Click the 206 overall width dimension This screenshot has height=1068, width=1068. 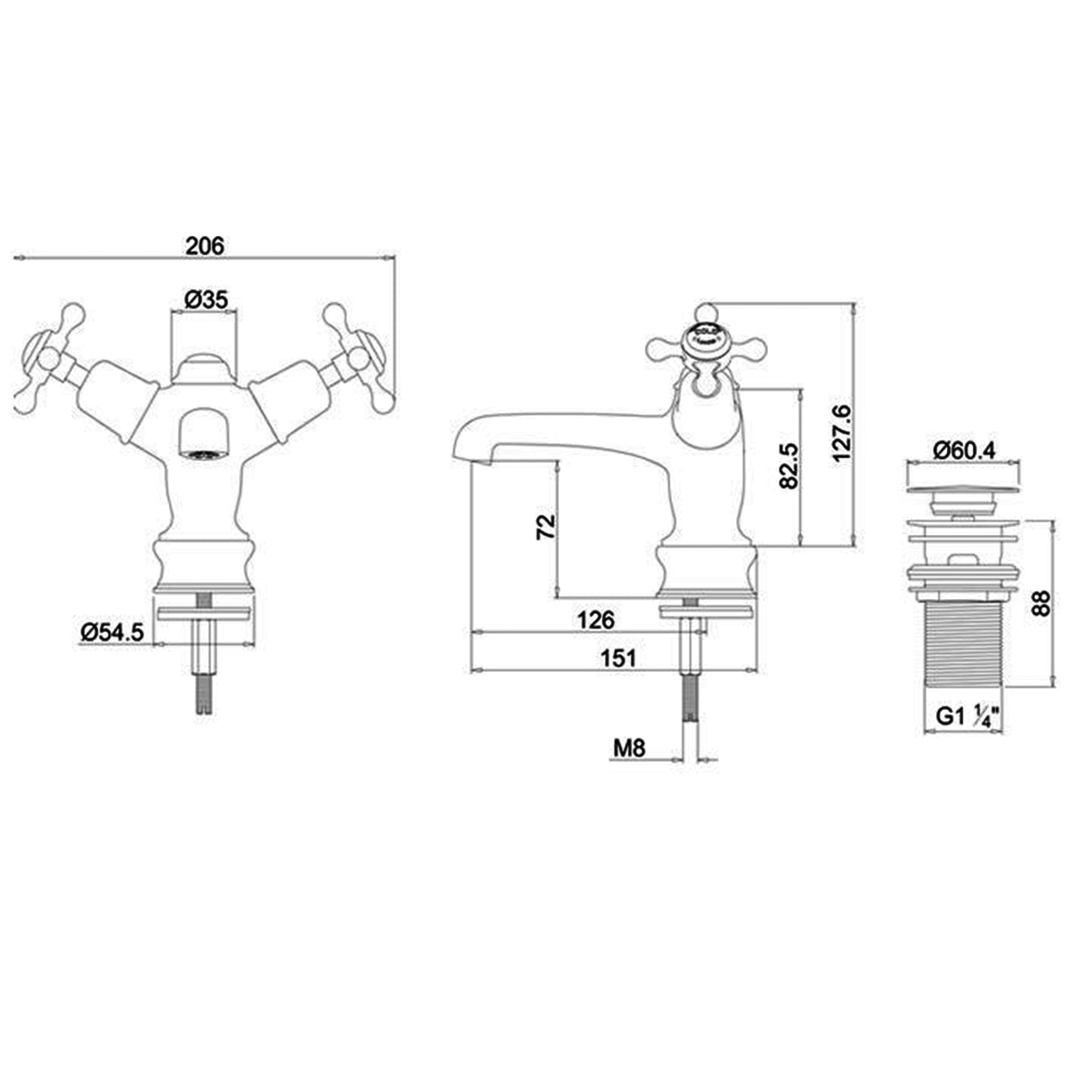coord(204,247)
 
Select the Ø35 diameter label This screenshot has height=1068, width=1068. coord(204,301)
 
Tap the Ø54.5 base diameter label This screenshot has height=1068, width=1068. coord(113,632)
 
